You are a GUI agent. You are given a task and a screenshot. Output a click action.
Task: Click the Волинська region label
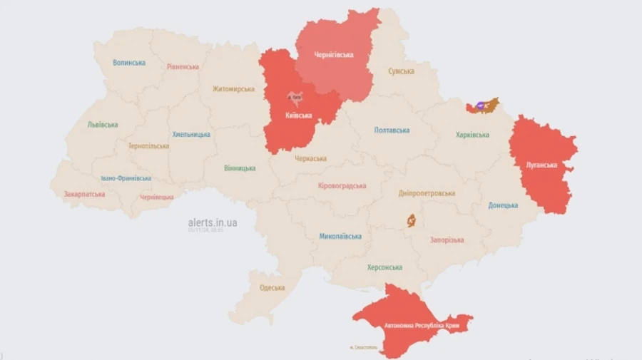tap(129, 63)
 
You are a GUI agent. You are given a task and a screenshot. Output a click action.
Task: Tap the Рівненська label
tap(183, 67)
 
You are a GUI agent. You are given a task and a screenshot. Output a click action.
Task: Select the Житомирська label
tap(233, 89)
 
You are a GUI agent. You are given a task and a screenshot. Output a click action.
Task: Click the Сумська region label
tap(402, 71)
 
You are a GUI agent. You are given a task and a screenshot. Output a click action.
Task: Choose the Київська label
tap(298, 115)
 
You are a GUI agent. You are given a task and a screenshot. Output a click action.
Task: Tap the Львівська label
tap(103, 124)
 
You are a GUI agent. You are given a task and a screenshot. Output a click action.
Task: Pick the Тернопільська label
tap(148, 145)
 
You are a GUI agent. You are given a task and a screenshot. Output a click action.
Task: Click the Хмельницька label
tap(191, 134)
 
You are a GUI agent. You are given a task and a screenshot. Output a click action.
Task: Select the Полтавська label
tap(392, 130)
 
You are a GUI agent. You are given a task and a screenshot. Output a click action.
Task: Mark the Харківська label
tap(472, 135)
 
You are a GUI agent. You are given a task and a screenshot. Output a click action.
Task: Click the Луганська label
tap(541, 165)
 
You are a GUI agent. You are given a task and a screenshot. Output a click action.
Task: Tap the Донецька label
tap(503, 205)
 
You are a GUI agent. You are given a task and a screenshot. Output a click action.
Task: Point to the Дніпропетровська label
tap(427, 193)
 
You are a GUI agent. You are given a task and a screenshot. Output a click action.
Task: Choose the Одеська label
tap(272, 288)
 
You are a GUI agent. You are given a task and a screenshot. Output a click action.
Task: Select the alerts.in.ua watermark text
tap(213, 222)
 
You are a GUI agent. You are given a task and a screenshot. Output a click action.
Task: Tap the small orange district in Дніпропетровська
tap(412, 221)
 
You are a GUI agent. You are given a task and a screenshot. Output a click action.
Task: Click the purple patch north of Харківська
tap(479, 106)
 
